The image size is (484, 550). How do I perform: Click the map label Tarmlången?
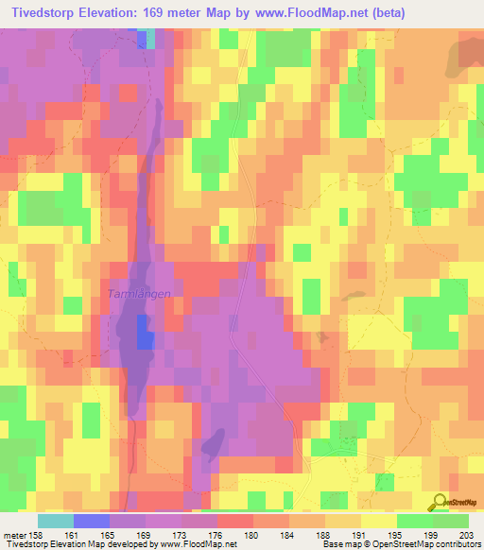point(138,294)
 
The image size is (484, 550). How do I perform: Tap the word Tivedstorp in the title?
point(44,12)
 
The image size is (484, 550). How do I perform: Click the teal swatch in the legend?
point(56,521)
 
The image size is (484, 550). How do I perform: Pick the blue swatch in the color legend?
point(92,521)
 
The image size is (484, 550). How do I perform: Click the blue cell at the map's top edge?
point(143,38)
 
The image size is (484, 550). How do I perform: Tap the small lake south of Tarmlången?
point(213,440)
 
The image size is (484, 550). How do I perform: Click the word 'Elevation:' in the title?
point(122,12)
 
